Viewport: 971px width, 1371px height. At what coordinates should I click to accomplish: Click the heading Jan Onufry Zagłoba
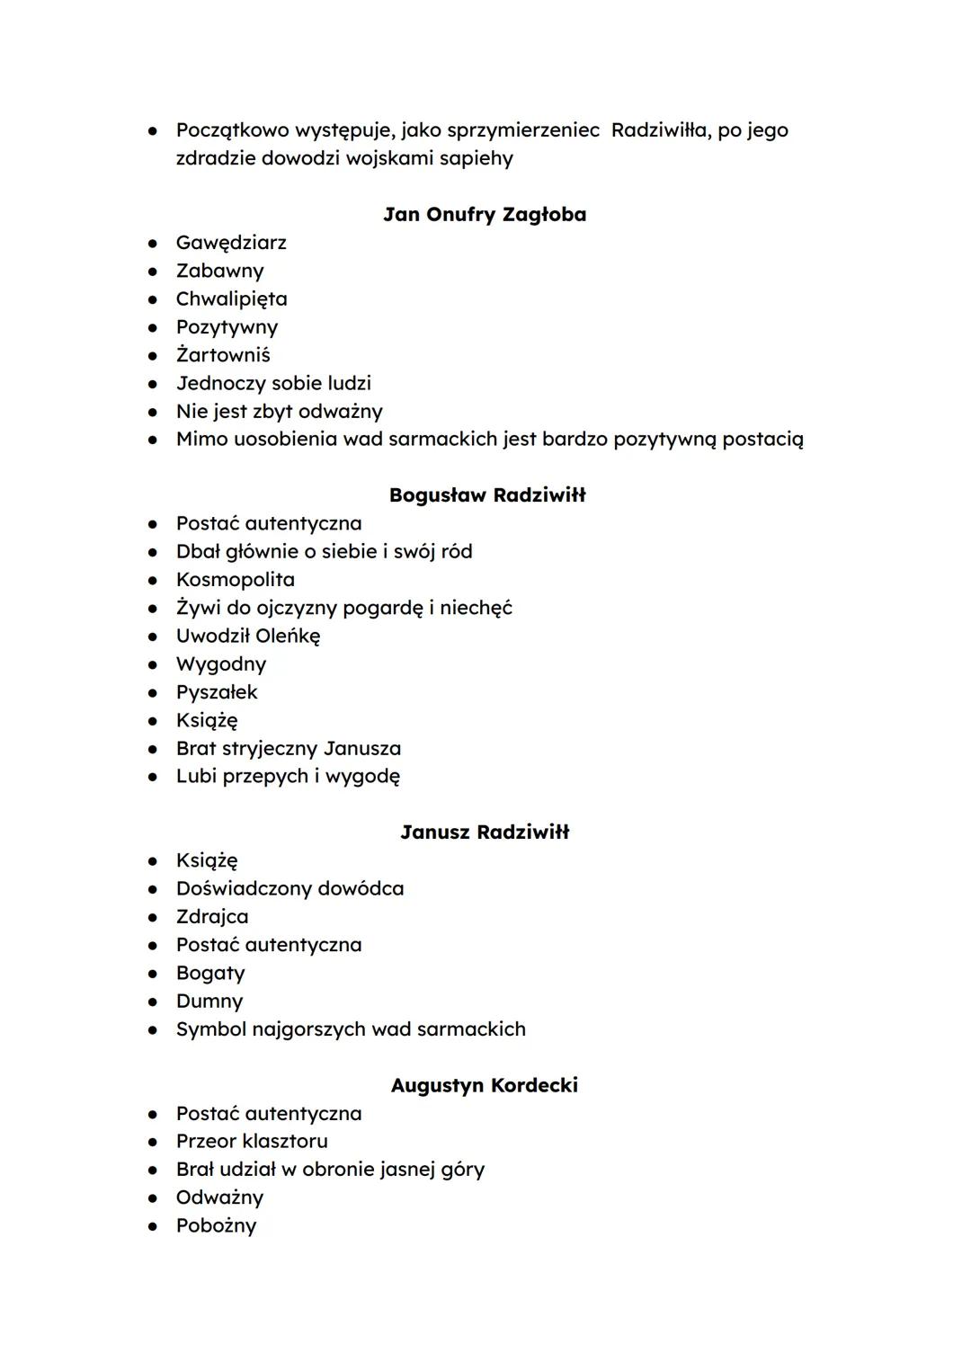click(485, 215)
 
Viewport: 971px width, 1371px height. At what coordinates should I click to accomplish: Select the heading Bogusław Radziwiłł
click(487, 495)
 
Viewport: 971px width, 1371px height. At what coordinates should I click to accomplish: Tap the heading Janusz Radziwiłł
click(485, 832)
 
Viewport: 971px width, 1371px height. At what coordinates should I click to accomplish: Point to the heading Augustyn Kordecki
click(485, 1085)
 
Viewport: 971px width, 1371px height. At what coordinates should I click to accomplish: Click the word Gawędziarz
click(231, 243)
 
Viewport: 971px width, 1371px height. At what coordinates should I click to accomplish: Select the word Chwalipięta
click(232, 299)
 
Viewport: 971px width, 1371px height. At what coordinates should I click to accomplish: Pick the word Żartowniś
click(223, 355)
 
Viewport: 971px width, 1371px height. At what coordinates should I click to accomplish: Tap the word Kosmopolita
click(236, 580)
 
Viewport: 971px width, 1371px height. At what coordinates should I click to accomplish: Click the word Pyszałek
click(217, 692)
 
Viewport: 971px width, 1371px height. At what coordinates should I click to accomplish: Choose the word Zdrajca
click(212, 917)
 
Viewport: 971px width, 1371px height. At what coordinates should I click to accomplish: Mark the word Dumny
click(209, 1002)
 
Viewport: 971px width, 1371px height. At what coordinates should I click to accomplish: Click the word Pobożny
click(216, 1226)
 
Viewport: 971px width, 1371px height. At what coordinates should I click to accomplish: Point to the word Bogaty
click(210, 974)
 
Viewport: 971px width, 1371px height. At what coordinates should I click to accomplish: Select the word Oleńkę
click(288, 637)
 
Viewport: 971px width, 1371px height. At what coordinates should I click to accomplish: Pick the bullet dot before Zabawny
click(154, 272)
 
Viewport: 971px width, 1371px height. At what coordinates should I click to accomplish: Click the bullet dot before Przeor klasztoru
click(154, 1142)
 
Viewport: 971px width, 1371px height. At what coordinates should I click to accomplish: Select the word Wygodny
click(221, 664)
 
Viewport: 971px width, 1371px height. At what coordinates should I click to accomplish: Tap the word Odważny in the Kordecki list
click(219, 1198)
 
